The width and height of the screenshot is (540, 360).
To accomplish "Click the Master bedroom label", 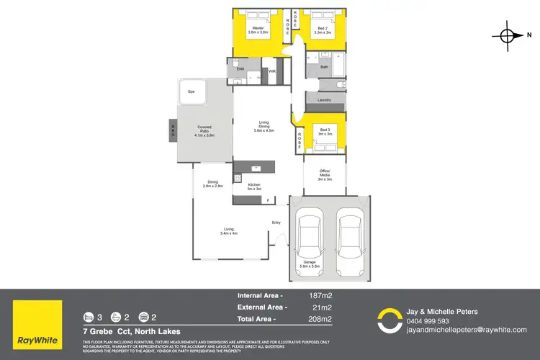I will (x=258, y=31).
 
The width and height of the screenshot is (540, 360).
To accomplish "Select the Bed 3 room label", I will (x=324, y=132).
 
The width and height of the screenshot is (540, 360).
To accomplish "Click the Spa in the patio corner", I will (x=192, y=92).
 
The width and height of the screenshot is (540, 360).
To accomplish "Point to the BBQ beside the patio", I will (x=174, y=130).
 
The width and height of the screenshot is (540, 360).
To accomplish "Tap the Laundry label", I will (x=324, y=99).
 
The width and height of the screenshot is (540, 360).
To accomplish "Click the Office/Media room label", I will (x=324, y=174).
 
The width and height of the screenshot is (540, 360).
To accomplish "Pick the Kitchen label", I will (x=253, y=186).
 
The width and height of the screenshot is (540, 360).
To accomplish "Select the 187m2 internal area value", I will (x=320, y=295).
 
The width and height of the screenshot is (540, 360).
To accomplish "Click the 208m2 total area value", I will (x=320, y=318).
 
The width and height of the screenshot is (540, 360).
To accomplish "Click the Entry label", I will (x=276, y=222).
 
